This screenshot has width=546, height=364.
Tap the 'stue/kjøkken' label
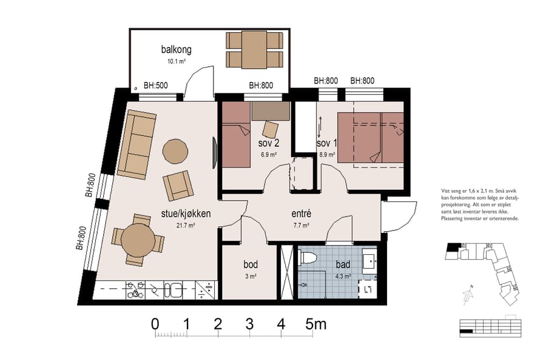186,214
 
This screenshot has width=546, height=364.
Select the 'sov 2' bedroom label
268,144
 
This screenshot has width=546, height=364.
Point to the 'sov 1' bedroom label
326,144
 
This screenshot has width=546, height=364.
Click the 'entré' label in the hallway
301,214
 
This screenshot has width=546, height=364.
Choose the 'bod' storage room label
251,265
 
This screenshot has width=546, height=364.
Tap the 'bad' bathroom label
343,265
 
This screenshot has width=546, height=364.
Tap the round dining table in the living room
137,240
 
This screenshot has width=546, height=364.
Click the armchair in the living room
177,185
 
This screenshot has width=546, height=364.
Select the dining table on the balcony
255,50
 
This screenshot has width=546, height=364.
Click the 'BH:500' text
155,86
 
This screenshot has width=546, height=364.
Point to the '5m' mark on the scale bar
316,324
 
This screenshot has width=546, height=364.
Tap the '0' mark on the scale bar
155,324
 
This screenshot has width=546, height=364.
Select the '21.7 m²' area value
186,225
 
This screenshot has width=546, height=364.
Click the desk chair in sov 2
270,129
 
